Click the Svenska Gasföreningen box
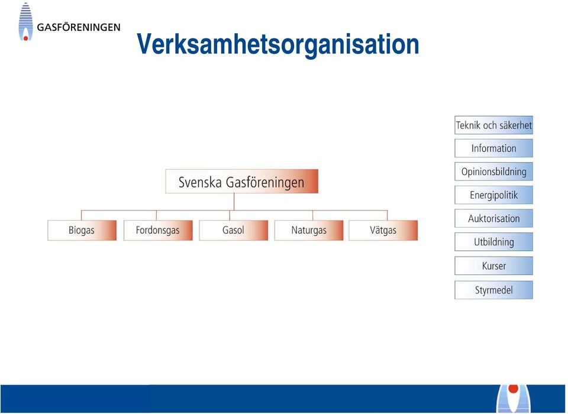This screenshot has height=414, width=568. (241, 181)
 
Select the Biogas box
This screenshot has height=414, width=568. (82, 230)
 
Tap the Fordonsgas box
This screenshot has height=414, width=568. (158, 230)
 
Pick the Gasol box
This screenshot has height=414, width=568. (234, 230)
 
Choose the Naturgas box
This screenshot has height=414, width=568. (309, 230)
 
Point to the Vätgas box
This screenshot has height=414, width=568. (383, 230)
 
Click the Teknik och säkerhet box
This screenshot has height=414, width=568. (493, 125)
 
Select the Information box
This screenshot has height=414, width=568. (493, 148)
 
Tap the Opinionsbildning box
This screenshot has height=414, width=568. (493, 172)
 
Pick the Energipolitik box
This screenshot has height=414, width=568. (493, 195)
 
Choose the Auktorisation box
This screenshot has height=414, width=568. (493, 218)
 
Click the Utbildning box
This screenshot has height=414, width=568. (493, 241)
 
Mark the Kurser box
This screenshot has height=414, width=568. (493, 266)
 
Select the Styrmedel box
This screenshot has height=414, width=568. (493, 290)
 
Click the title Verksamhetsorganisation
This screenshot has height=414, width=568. (278, 44)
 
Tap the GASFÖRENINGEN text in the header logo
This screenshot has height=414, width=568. (79, 28)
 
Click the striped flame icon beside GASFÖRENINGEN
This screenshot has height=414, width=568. (25, 22)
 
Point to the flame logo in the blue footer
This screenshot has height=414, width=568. (514, 399)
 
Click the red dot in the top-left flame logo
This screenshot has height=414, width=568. (25, 38)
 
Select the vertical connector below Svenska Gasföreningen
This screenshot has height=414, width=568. (234, 202)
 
